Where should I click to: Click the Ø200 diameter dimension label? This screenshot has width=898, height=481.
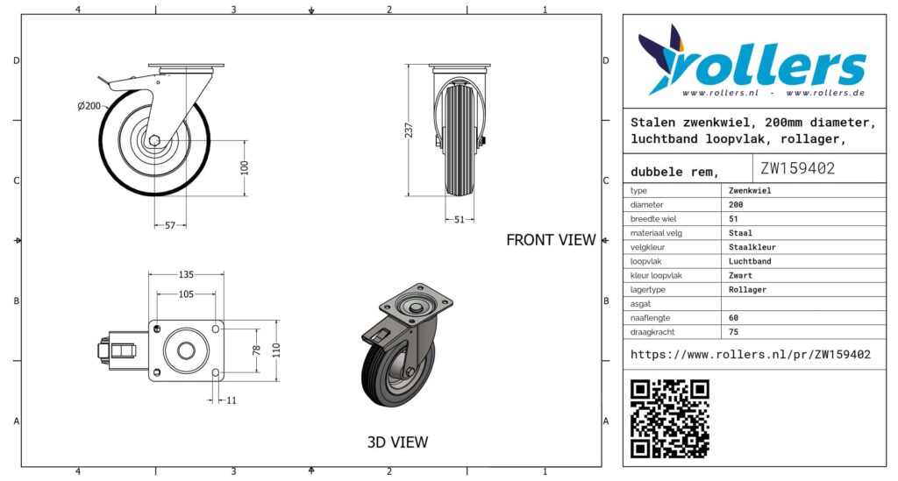click(89, 106)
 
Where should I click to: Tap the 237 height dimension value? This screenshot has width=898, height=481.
click(409, 130)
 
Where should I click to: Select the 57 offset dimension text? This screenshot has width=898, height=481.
click(170, 225)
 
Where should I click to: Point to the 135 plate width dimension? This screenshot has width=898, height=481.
click(186, 274)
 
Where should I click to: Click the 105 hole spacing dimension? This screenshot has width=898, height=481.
click(186, 294)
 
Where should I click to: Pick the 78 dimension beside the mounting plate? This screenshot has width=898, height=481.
click(257, 350)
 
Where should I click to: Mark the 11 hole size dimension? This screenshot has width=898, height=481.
click(232, 400)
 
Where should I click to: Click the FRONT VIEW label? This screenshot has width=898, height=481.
click(551, 240)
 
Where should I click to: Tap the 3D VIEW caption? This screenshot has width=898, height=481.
click(397, 442)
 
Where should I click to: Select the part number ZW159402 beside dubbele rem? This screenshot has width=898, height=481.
click(797, 168)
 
